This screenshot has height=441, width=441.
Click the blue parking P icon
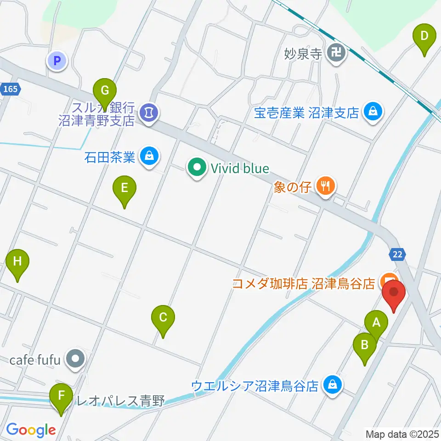click(57, 61)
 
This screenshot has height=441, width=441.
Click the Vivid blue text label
click(240, 169)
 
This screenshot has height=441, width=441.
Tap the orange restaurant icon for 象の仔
click(326, 186)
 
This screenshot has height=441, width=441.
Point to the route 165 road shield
click(10, 89)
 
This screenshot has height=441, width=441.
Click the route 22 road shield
click(397, 254)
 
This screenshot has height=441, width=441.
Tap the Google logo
click(31, 430)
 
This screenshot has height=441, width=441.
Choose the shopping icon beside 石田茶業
click(149, 157)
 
